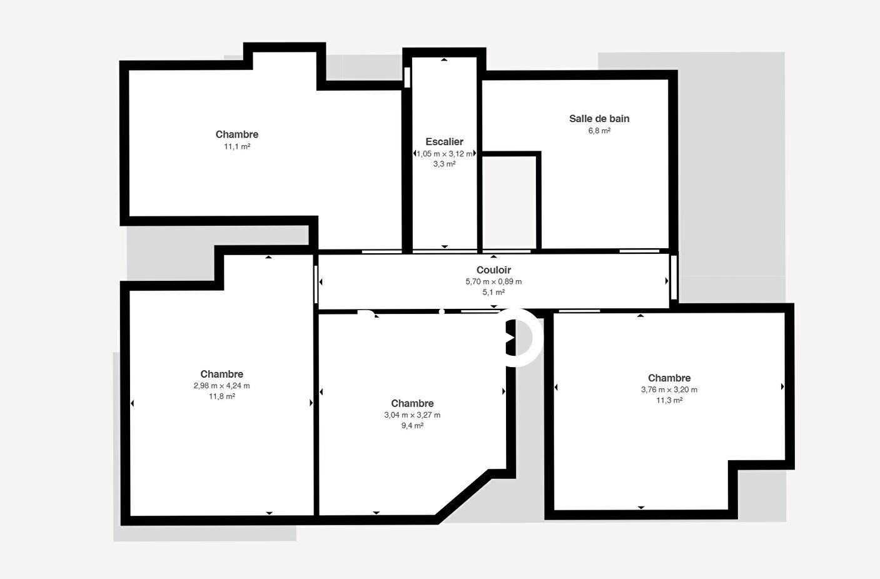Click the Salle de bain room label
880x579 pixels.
point(599,119)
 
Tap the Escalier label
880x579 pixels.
point(444,142)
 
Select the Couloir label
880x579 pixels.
point(493,270)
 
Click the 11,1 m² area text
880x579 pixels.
point(237,146)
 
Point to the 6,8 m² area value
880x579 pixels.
point(599,131)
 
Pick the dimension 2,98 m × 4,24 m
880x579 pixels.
point(221,386)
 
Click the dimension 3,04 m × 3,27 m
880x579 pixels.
point(412,415)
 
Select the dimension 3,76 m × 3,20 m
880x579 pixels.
point(669,390)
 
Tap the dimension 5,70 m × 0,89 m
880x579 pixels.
point(493,281)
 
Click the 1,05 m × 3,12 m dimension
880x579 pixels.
point(444,154)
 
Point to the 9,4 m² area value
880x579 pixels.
point(412,426)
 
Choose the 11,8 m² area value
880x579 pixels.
point(221,397)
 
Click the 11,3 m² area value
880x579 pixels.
point(669,401)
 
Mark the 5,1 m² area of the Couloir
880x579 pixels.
point(493,293)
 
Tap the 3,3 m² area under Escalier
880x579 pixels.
point(444,164)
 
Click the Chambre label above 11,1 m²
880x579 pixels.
point(237,134)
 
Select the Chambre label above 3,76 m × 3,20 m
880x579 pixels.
point(669,378)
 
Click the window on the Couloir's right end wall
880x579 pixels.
point(674,278)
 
